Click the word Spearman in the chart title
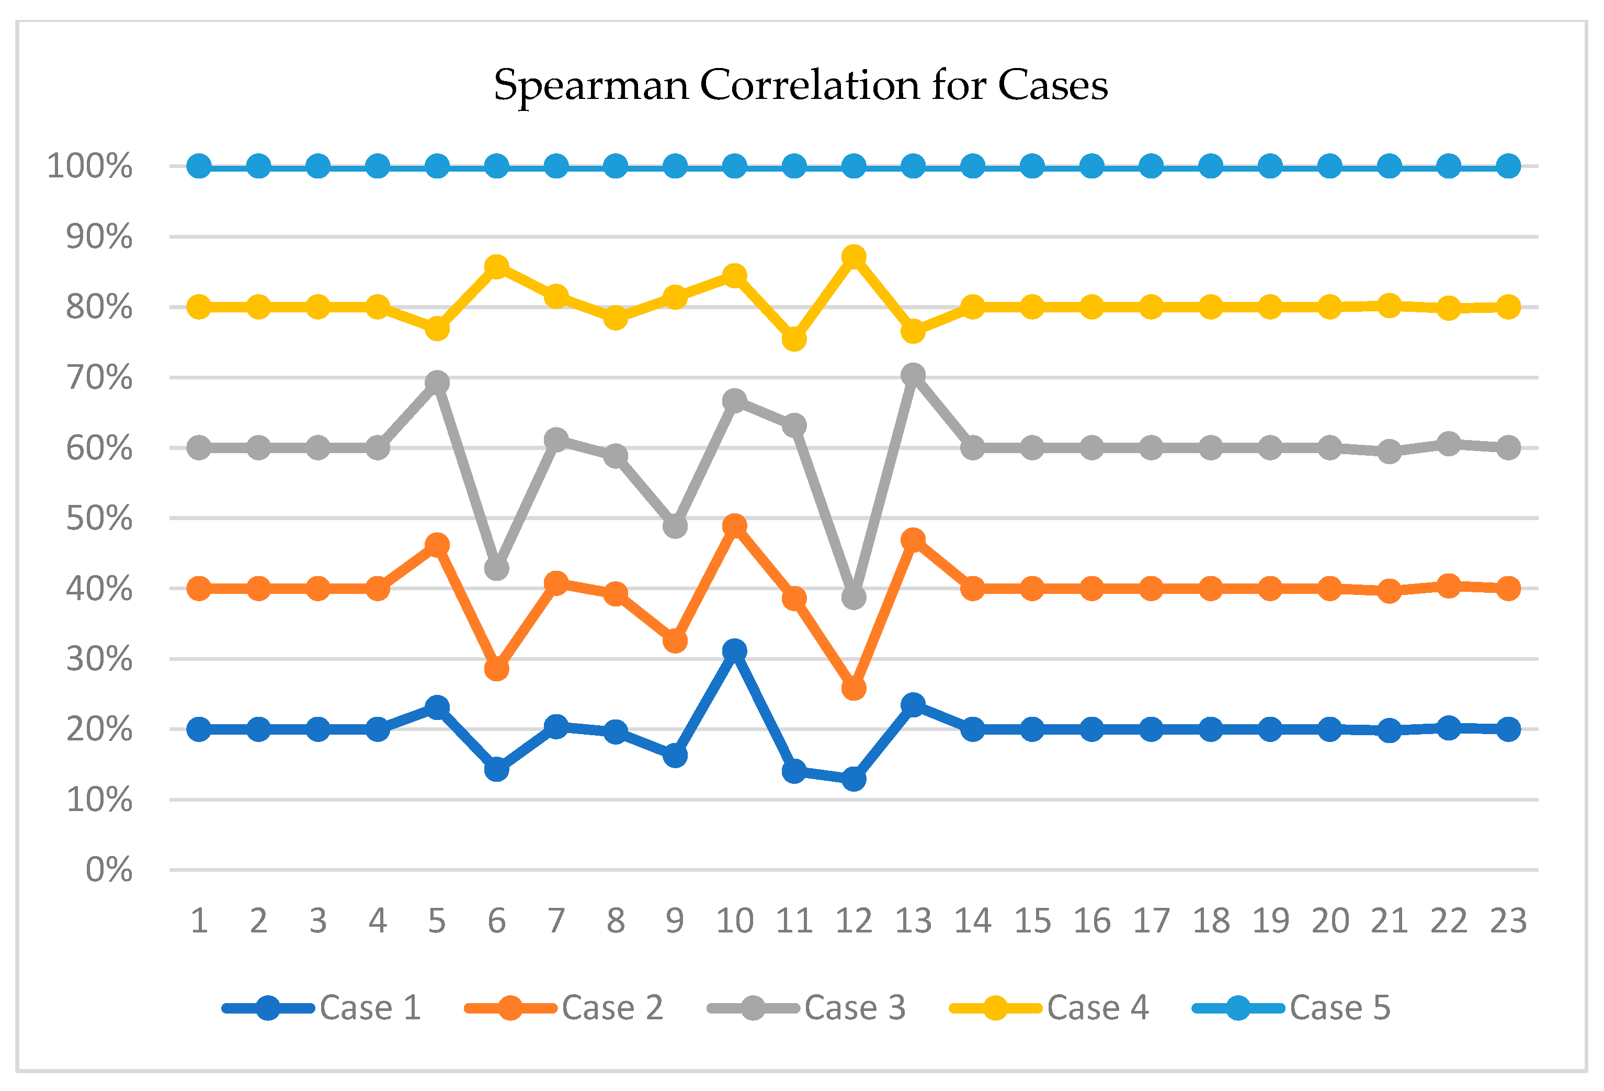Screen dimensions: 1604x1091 tap(591, 87)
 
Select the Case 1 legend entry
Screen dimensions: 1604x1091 tap(322, 1007)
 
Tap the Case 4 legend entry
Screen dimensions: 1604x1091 tap(1049, 1007)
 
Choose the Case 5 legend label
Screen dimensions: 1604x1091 tap(1340, 1007)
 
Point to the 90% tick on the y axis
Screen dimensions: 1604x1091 tap(99, 237)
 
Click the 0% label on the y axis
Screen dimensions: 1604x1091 tap(108, 870)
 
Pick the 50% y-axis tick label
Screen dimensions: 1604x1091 tap(99, 519)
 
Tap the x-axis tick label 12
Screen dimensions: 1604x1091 tap(854, 920)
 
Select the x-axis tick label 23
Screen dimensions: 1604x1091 tap(1508, 920)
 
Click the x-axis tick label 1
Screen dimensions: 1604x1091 tap(199, 920)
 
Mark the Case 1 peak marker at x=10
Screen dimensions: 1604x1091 tap(734, 650)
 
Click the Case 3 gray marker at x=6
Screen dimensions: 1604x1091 tap(496, 568)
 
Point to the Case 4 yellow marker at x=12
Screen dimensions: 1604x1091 tap(854, 257)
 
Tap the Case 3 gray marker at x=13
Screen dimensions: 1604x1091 tap(913, 375)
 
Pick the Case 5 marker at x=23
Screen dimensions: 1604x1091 tap(1508, 166)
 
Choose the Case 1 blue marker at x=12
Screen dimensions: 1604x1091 tap(854, 779)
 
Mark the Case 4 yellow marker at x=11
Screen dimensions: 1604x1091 tap(794, 339)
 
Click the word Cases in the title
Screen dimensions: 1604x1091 tap(1053, 86)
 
